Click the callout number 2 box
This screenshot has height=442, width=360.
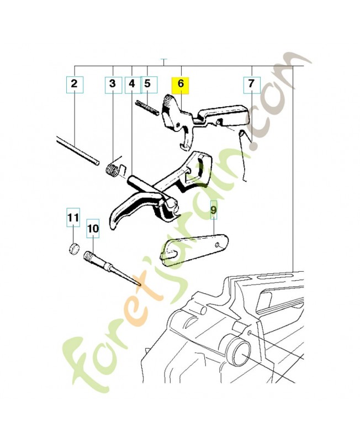tap(74, 85)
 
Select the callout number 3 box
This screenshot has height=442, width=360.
tap(113, 85)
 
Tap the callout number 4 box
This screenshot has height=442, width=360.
tap(131, 85)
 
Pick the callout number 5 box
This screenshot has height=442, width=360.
tap(147, 85)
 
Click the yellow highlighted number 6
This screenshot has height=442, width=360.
tap(180, 85)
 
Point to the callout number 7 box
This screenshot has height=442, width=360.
tap(251, 85)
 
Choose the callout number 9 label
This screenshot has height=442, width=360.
tap(213, 210)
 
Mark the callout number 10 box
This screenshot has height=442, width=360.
tap(93, 228)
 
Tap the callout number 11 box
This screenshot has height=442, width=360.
tap(73, 218)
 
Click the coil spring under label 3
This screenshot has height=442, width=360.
tap(114, 169)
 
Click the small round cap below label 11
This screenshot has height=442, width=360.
tap(73, 247)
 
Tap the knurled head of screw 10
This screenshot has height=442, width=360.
tap(91, 257)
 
